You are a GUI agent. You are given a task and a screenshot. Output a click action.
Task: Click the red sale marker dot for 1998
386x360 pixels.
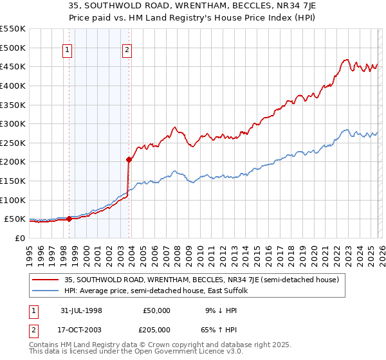(69, 219)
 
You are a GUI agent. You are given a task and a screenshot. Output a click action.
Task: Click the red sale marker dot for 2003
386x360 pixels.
(129, 159)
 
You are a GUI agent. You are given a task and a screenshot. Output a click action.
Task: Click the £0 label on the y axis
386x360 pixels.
(20, 238)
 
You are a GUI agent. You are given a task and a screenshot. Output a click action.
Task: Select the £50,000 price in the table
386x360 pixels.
(157, 310)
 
